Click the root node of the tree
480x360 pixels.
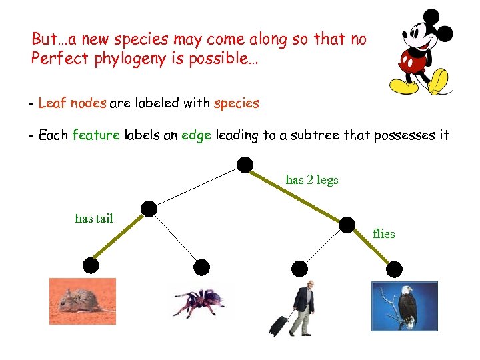point(245,165)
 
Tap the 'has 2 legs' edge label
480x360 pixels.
point(311,180)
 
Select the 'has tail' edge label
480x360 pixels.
point(94,218)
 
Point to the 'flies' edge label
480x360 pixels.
point(383,234)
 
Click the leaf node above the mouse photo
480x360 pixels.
point(91,265)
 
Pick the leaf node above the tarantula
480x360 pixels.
point(201,267)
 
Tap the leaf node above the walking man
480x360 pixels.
point(300,269)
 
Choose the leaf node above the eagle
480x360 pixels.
point(395,269)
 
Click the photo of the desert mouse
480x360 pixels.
point(82,301)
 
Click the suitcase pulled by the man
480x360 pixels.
point(278,324)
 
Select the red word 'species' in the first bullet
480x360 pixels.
point(236,103)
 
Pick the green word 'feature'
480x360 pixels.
point(96,135)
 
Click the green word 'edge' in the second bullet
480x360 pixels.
point(196,135)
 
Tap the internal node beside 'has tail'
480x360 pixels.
point(149,209)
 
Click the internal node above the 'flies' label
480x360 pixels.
point(348,225)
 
